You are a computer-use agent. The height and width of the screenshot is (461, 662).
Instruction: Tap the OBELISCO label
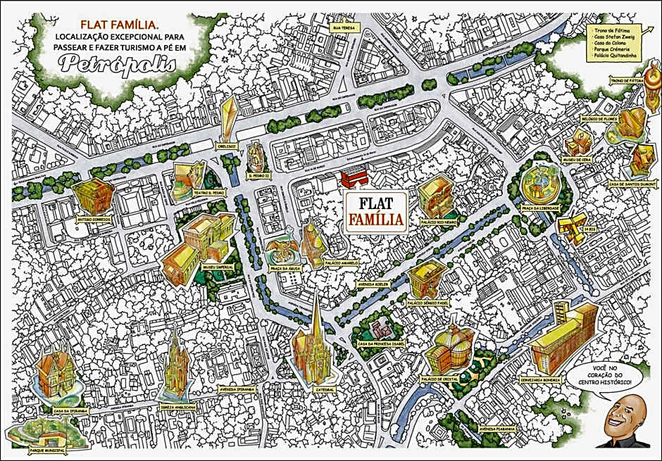(x=227, y=146)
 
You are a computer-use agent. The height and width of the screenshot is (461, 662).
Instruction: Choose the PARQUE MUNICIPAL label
(x=44, y=447)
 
